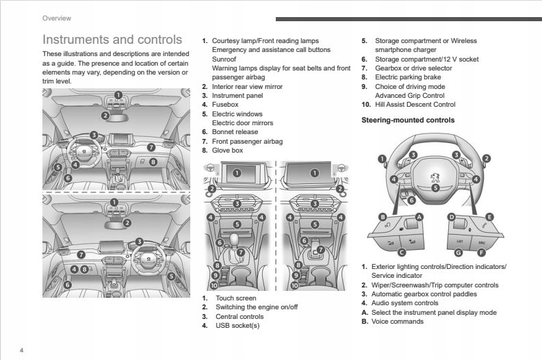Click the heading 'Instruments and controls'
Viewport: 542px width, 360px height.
point(112,40)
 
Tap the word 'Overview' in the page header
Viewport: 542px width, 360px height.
point(57,18)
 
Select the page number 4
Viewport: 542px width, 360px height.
point(21,350)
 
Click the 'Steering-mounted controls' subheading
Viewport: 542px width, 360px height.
point(408,120)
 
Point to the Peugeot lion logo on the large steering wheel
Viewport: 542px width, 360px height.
point(435,178)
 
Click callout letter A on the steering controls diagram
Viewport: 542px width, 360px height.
point(419,217)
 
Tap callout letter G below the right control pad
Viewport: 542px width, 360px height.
point(459,253)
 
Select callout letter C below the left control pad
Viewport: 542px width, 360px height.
point(401,253)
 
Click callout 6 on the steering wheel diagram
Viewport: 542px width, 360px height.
point(411,201)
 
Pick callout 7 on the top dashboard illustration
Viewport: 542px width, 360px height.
point(151,147)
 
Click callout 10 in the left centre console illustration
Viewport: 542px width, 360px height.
point(214,285)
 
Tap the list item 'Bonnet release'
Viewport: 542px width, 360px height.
point(235,132)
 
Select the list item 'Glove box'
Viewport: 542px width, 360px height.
point(227,151)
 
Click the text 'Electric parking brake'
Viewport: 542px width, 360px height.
point(408,77)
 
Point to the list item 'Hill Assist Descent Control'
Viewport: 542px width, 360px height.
point(415,105)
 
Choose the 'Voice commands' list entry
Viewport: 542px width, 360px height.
point(398,321)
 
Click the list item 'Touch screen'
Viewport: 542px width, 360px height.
point(236,298)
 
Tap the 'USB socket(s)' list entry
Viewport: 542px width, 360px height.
point(237,325)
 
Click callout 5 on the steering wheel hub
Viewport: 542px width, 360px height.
point(435,188)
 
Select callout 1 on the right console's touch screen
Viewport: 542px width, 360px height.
point(315,172)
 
